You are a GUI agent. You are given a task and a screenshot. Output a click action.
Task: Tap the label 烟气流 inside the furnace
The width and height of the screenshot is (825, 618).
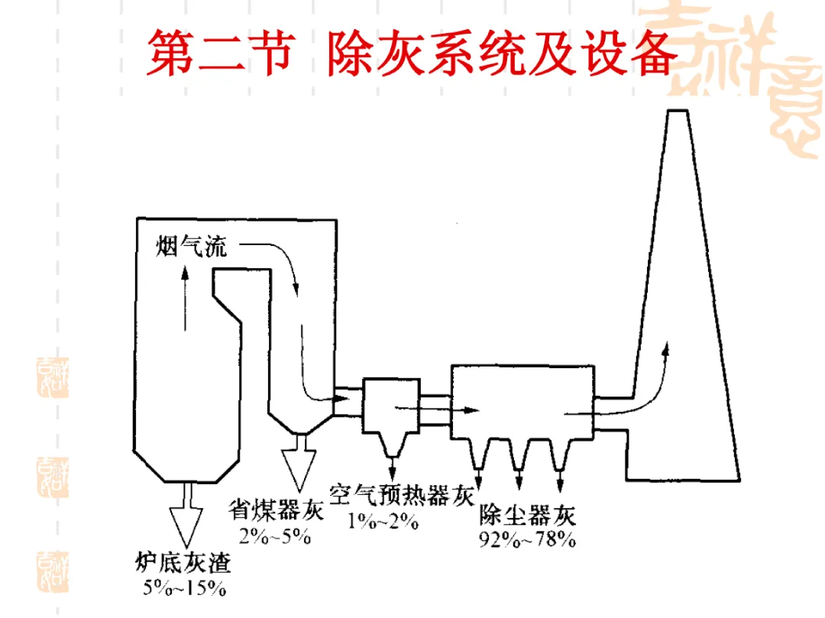191,246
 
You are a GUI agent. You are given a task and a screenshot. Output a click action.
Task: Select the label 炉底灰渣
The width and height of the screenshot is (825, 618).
183,563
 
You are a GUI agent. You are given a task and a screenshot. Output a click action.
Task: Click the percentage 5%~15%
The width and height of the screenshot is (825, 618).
184,587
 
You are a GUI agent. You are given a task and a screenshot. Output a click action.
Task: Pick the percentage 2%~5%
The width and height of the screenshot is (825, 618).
275,536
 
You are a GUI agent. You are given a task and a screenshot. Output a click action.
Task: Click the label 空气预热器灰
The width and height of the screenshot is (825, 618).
402,495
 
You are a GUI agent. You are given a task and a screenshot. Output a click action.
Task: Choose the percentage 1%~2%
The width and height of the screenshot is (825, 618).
383,521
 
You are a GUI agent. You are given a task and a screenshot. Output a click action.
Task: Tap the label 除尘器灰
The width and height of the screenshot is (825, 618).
527,515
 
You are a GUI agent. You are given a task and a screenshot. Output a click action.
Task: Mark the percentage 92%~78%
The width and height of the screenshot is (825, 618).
527,539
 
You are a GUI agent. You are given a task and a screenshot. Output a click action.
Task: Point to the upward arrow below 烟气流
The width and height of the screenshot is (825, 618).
185,298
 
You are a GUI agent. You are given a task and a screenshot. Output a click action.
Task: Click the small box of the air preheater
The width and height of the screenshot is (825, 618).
391,406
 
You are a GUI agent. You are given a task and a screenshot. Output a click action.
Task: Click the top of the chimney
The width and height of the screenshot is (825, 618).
678,111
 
